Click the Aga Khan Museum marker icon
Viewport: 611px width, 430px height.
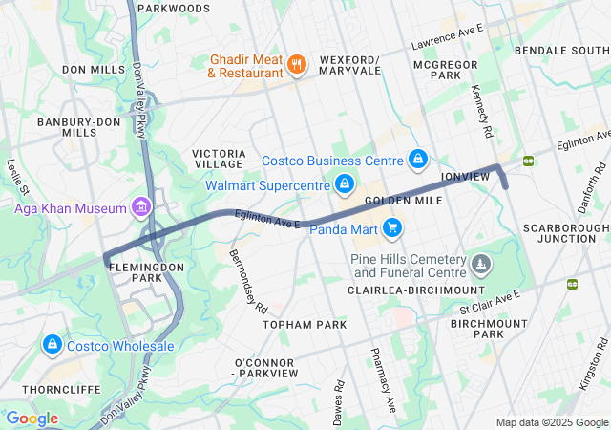tap(141, 207)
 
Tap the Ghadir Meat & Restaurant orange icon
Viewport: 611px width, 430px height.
tap(297, 65)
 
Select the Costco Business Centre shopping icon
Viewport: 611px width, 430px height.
tap(417, 158)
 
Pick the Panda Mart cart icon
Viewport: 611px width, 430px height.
tap(392, 227)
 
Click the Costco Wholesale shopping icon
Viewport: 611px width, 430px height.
tap(52, 345)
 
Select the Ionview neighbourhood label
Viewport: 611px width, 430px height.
tap(465, 178)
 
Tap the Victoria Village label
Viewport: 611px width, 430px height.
tap(221, 160)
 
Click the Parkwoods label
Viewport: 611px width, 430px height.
tap(173, 9)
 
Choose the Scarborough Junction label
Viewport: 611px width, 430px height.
tap(566, 234)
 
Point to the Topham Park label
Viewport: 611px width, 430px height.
tap(305, 325)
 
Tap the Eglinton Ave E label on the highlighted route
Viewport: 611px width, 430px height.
tap(269, 221)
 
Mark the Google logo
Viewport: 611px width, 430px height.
tap(32, 419)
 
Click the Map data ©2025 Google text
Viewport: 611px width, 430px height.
tap(551, 422)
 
